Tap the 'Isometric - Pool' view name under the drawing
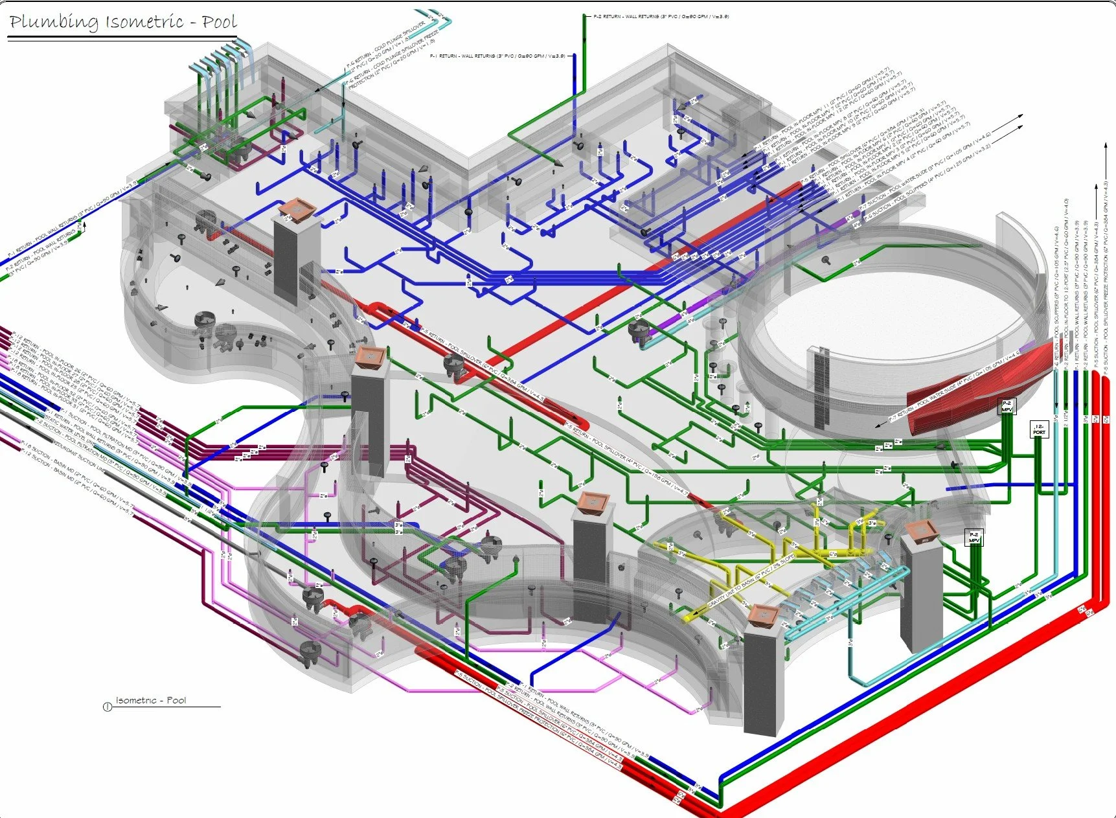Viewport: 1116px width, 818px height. [x=150, y=700]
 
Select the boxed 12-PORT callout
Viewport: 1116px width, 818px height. [x=1039, y=429]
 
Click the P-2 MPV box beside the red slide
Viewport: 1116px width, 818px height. [x=1007, y=406]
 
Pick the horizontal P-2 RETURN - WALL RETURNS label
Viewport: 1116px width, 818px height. [x=661, y=16]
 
